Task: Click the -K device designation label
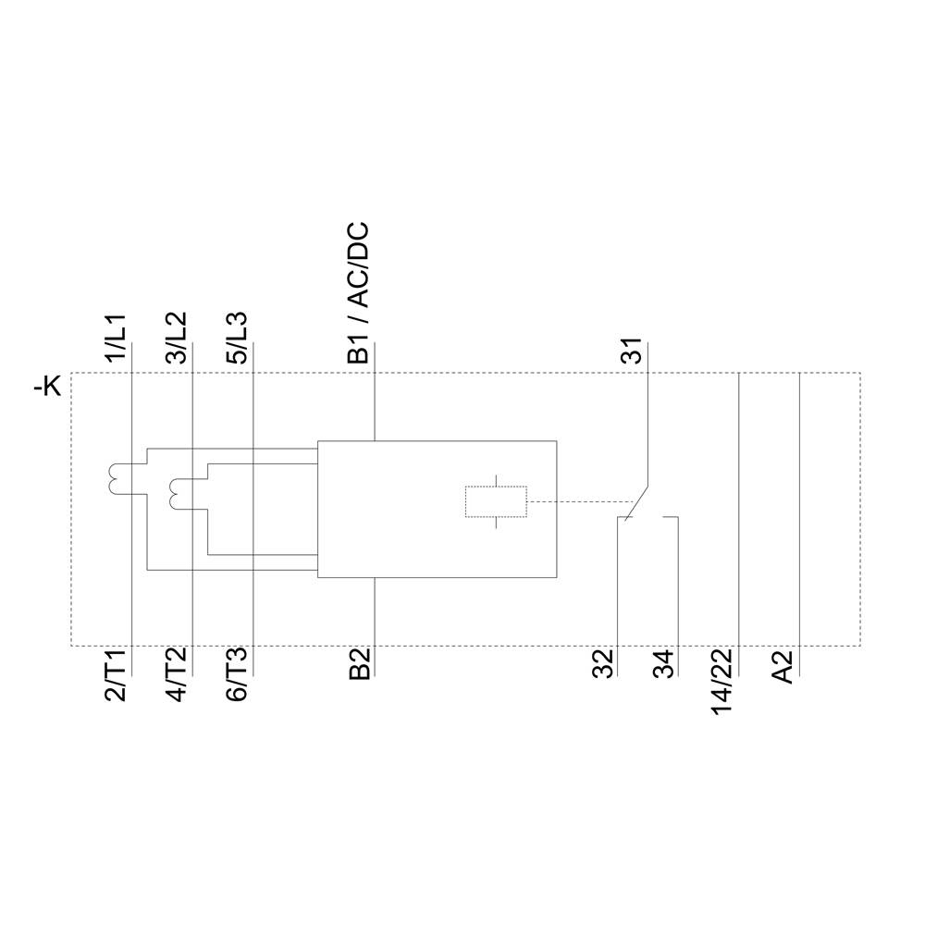coord(47,387)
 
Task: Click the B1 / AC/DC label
coord(358,292)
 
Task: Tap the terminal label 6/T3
coord(237,676)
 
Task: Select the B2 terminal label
coord(359,665)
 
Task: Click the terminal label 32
coord(603,665)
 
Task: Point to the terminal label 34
coord(663,665)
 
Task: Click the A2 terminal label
coord(783,667)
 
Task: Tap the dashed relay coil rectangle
coord(495,501)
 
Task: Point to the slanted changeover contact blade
coord(637,500)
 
